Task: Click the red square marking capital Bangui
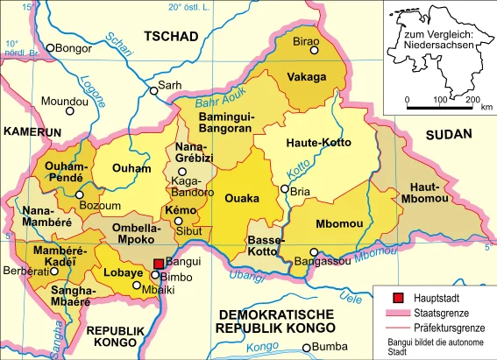click(159, 263)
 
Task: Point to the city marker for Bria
click(285, 189)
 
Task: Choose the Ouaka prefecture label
click(243, 199)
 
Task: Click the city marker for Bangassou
click(314, 251)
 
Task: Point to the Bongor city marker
click(51, 48)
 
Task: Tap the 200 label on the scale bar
click(472, 99)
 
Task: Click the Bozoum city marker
click(80, 194)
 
